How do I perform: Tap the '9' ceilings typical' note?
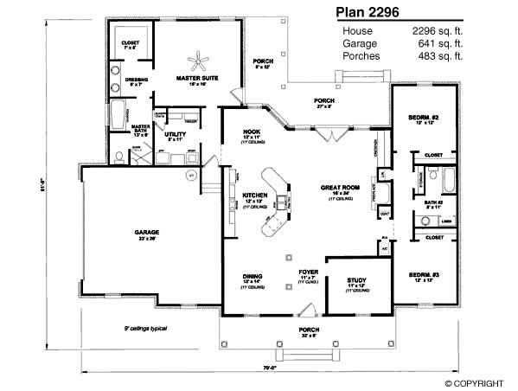click(x=144, y=330)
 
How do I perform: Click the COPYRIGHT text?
click(x=478, y=382)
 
